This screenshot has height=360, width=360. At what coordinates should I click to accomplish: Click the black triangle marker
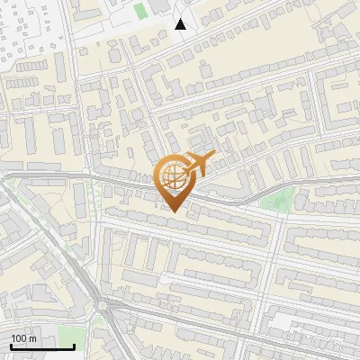(x=181, y=24)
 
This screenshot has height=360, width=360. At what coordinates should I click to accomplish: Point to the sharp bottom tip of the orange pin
(x=174, y=211)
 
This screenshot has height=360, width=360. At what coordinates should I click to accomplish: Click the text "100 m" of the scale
(x=23, y=338)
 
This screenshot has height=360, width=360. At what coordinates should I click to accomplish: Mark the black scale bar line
(x=41, y=346)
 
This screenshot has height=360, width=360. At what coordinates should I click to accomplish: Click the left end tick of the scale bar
(x=10, y=345)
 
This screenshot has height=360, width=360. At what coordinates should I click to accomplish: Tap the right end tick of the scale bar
(x=74, y=345)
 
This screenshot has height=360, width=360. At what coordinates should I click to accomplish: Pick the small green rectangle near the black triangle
(x=139, y=12)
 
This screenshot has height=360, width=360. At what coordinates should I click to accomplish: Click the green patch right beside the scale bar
(x=81, y=337)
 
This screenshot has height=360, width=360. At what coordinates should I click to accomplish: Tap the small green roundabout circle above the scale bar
(x=103, y=306)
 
